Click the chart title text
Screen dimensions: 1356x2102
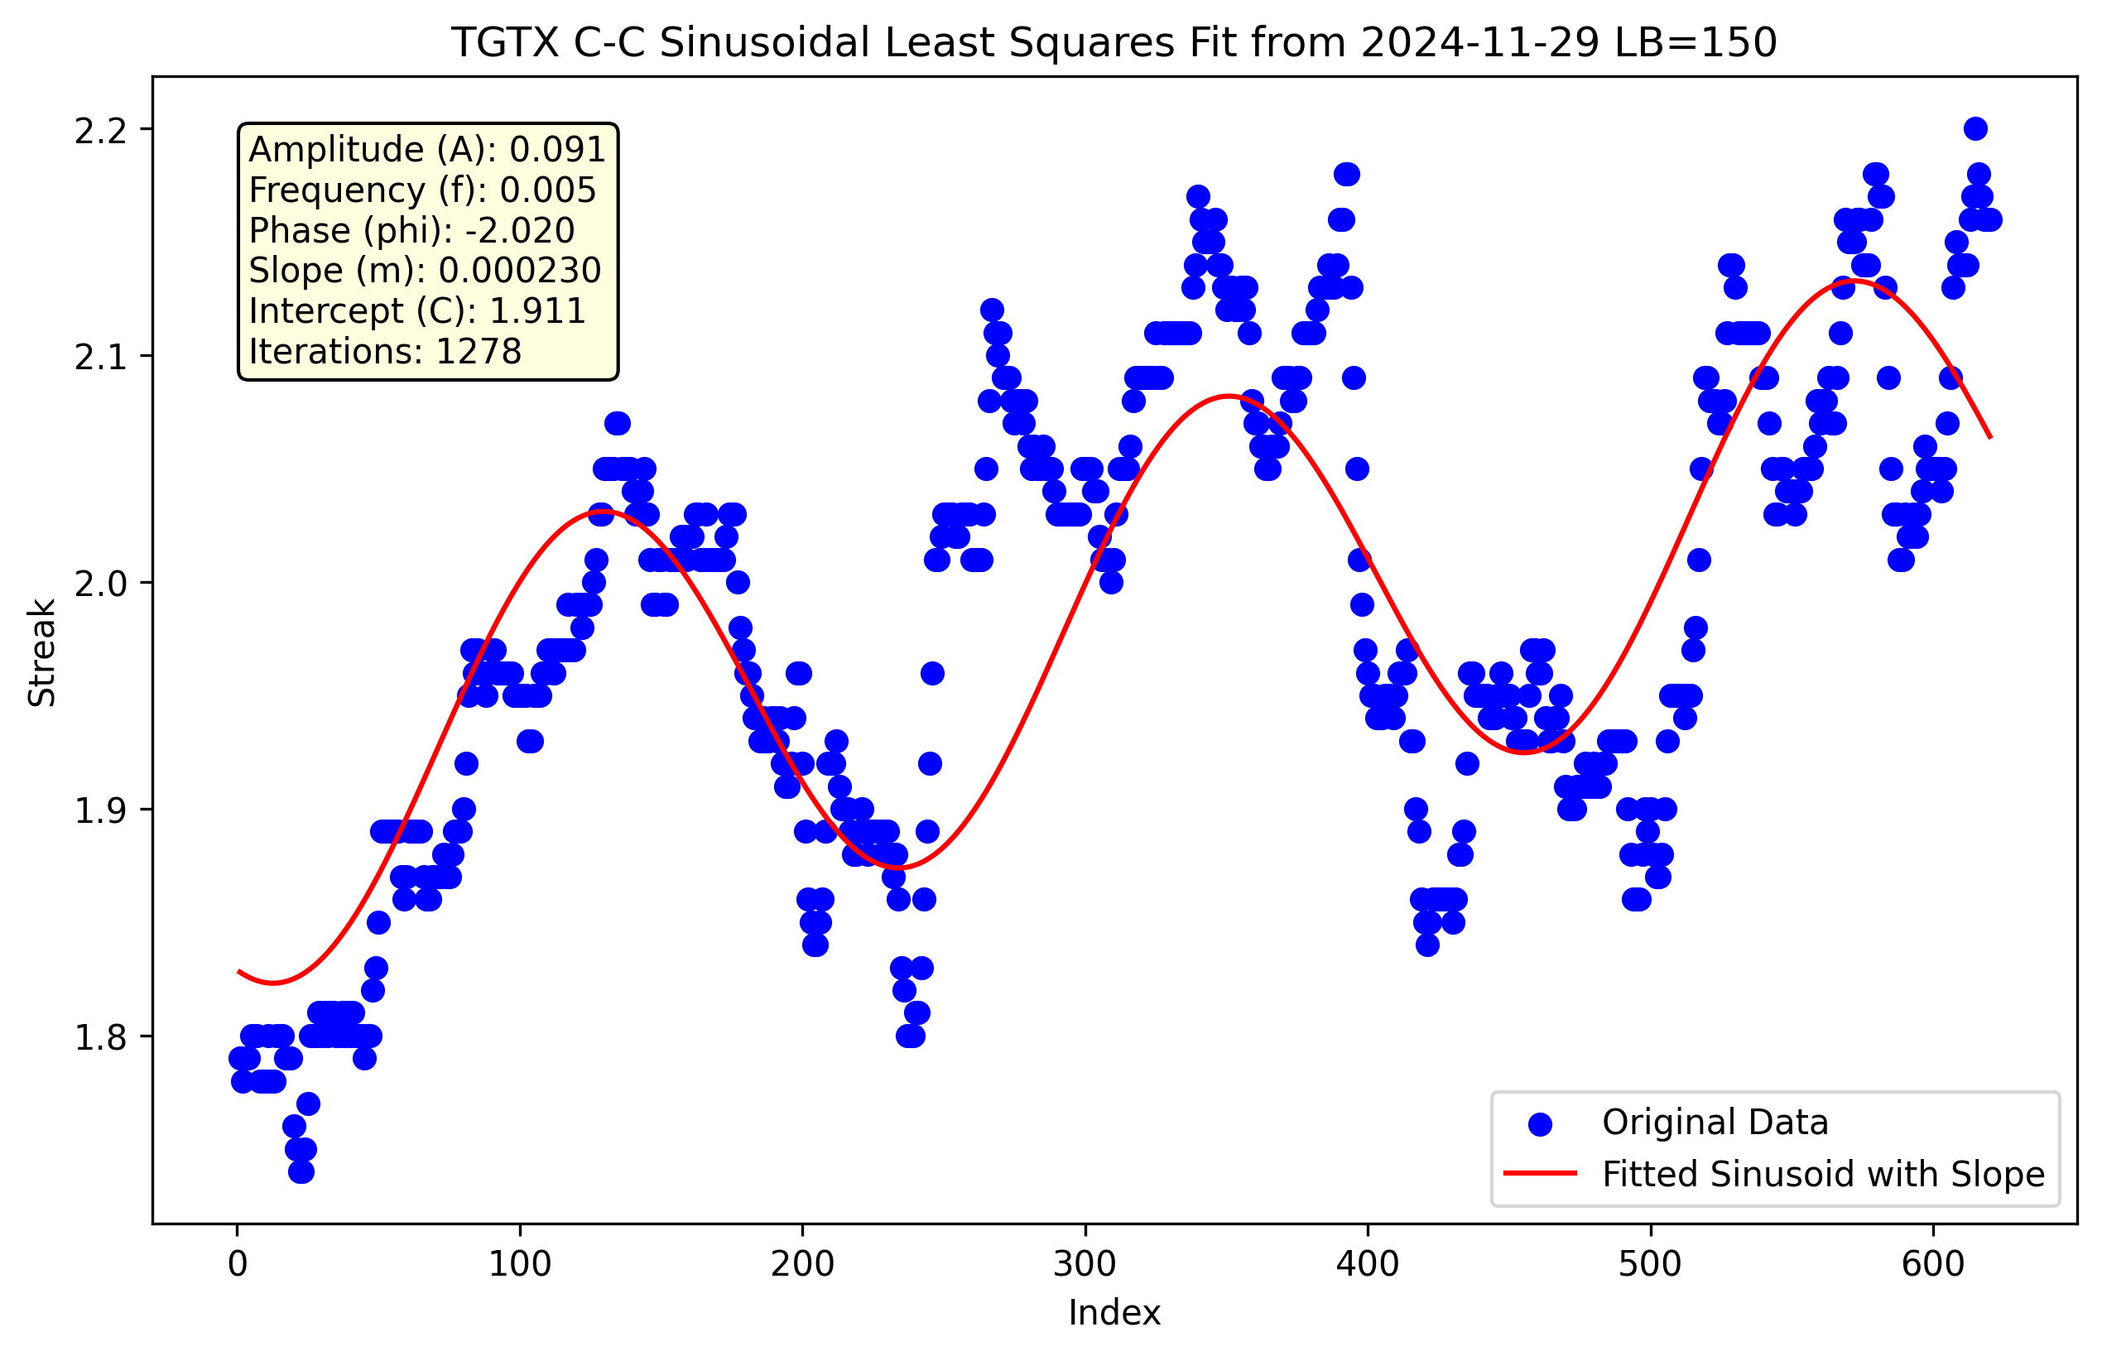pyautogui.click(x=1114, y=42)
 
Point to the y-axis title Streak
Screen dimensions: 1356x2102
pyautogui.click(x=41, y=652)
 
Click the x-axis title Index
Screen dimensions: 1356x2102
pyautogui.click(x=1114, y=1313)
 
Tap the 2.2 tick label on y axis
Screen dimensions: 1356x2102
pyautogui.click(x=100, y=129)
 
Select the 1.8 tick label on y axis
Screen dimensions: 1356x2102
pyautogui.click(x=100, y=1036)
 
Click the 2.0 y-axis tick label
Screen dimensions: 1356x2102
pyautogui.click(x=100, y=583)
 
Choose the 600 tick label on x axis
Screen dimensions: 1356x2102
pyautogui.click(x=1933, y=1264)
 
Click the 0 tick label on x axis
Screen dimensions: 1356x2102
pyautogui.click(x=238, y=1264)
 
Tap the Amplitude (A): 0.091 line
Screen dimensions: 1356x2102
pyautogui.click(x=427, y=150)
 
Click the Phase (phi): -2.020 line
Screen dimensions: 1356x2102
pyautogui.click(x=411, y=231)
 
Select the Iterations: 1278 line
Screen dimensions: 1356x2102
pyautogui.click(x=385, y=351)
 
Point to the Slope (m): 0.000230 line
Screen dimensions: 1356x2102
pyautogui.click(x=425, y=271)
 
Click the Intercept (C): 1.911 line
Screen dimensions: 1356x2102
pyautogui.click(x=416, y=310)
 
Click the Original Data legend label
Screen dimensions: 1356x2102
pyautogui.click(x=1715, y=1123)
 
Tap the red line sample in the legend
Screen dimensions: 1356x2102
pyautogui.click(x=1539, y=1174)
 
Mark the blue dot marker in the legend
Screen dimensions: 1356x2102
pyautogui.click(x=1539, y=1123)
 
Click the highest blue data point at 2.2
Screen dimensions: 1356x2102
pyautogui.click(x=1975, y=128)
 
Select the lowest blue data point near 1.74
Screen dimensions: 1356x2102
pyautogui.click(x=301, y=1171)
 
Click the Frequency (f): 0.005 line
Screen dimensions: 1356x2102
pyautogui.click(x=422, y=190)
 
